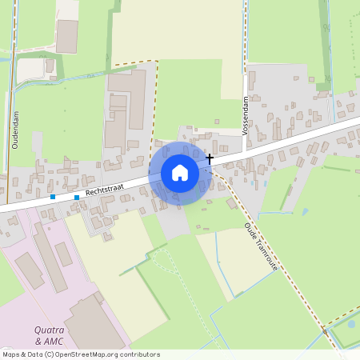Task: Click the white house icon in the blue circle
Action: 179,172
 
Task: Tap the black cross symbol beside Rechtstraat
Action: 210,158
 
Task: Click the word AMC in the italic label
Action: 52,342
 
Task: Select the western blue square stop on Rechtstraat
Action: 53,197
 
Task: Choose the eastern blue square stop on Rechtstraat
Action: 77,197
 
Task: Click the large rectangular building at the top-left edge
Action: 67,36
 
